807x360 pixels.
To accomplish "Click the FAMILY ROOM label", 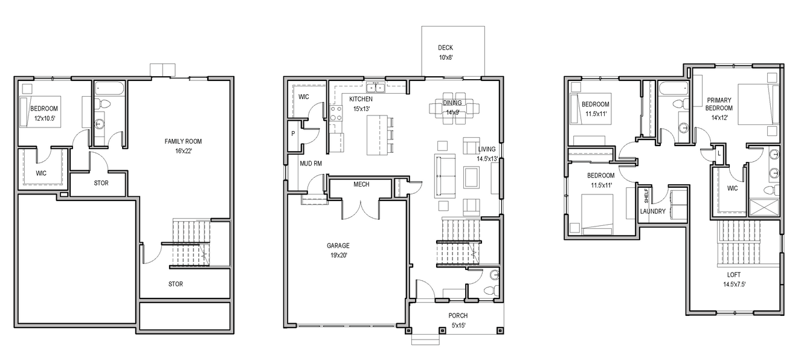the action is pyautogui.click(x=183, y=141).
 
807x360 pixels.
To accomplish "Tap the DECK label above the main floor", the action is pyautogui.click(x=445, y=48).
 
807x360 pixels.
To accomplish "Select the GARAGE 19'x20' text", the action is pyautogui.click(x=338, y=251).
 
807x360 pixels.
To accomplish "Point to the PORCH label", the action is pyautogui.click(x=458, y=316).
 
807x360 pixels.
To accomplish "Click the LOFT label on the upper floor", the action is pyautogui.click(x=734, y=275).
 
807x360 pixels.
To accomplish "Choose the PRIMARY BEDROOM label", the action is pyautogui.click(x=719, y=104).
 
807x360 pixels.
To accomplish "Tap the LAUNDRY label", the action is pyautogui.click(x=653, y=211).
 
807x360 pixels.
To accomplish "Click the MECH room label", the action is pyautogui.click(x=361, y=184).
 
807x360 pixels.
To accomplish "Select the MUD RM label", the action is pyautogui.click(x=311, y=164).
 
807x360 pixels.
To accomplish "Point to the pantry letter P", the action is pyautogui.click(x=293, y=133).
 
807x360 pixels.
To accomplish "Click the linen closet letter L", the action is pyautogui.click(x=719, y=153).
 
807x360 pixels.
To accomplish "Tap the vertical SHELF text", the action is pyautogui.click(x=646, y=195).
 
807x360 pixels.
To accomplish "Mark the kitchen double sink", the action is pyautogui.click(x=375, y=88).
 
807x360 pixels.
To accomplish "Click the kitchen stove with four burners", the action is pyautogui.click(x=336, y=113).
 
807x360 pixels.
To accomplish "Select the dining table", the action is pyautogui.click(x=454, y=108).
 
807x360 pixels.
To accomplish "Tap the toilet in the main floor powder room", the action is pyautogui.click(x=490, y=291).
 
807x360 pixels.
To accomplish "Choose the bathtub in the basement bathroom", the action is pyautogui.click(x=109, y=89).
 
